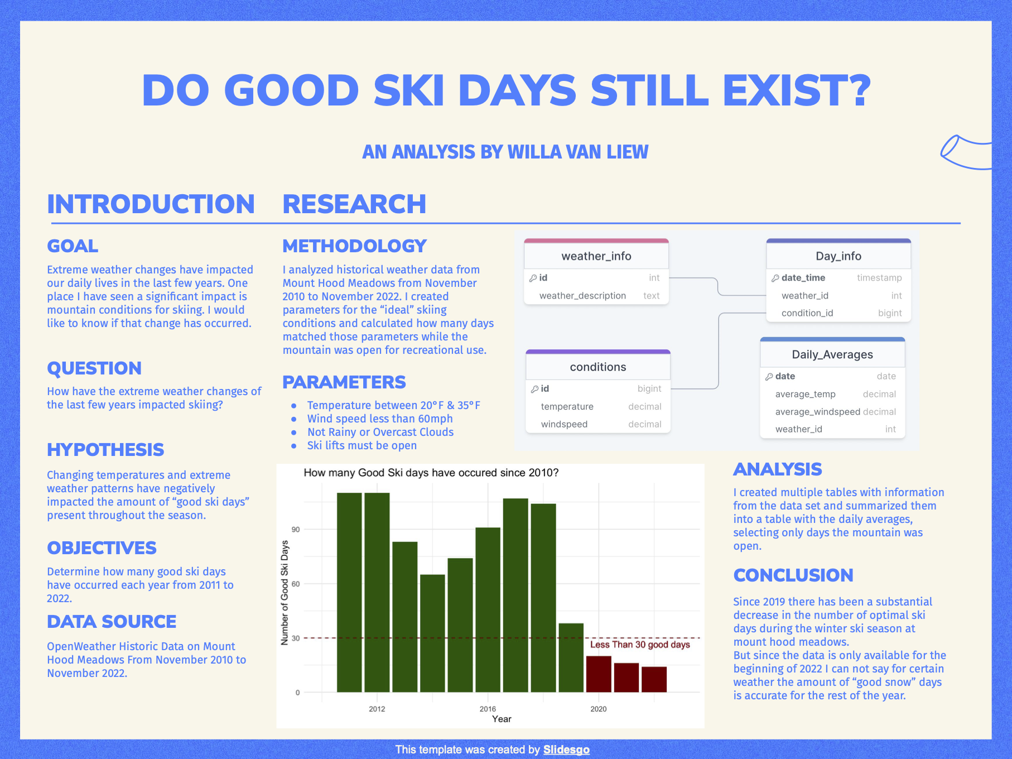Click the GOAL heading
(73, 246)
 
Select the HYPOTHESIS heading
(105, 450)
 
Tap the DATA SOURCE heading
(112, 622)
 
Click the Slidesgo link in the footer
(566, 750)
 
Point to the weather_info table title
(596, 256)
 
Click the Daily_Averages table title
(832, 355)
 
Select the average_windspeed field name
(817, 412)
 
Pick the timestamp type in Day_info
(879, 278)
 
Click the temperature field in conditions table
(567, 407)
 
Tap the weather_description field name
(582, 296)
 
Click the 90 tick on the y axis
(296, 530)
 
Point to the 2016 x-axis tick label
(488, 709)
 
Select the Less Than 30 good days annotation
(640, 645)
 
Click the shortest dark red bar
(654, 679)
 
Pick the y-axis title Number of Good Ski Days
(285, 593)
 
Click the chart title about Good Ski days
(431, 473)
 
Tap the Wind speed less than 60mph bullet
(379, 419)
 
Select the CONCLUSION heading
(793, 575)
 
